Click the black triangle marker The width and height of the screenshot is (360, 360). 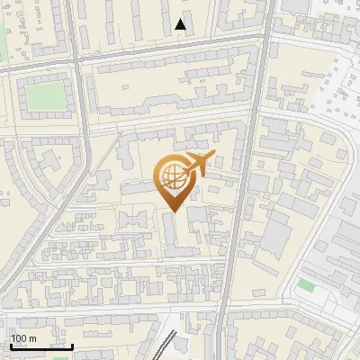coord(181,24)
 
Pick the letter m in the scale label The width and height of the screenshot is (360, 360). coord(33,337)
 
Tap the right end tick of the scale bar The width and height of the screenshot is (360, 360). coord(72,346)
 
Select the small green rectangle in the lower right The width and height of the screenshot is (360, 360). coord(307,285)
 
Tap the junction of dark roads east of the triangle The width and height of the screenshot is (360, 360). coord(268,36)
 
